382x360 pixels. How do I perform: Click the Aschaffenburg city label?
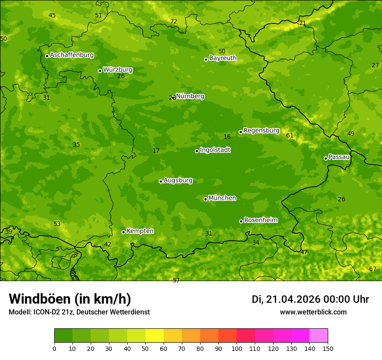point(72,55)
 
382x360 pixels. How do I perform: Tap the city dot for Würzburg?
point(100,71)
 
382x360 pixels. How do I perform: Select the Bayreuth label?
point(223,58)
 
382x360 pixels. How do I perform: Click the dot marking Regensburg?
point(240,132)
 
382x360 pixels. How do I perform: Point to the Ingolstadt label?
point(215,150)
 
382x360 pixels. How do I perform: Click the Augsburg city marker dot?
point(161,181)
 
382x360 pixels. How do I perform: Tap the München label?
point(222,198)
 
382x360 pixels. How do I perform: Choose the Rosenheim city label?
point(260,220)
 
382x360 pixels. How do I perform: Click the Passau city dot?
point(326,158)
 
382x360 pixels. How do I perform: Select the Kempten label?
point(140,231)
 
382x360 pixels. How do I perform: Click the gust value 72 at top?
point(174,21)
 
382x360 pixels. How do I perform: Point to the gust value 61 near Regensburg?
point(290,135)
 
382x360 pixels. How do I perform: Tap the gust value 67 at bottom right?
point(372,269)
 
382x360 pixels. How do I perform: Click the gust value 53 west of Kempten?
point(57,224)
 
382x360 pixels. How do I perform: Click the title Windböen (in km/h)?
point(69,299)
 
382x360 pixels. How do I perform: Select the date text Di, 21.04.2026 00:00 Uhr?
point(310,299)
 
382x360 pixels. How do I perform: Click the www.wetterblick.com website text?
point(313,312)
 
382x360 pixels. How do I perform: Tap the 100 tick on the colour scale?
point(237,348)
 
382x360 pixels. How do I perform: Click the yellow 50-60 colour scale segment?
point(155,336)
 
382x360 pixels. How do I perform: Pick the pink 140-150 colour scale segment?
point(319,336)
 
